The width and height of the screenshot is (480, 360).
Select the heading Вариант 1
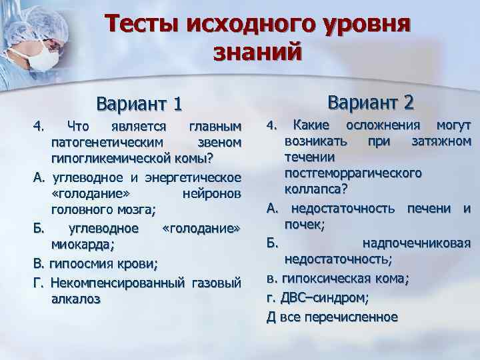point(139,105)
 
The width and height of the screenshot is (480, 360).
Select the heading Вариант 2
point(371,102)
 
